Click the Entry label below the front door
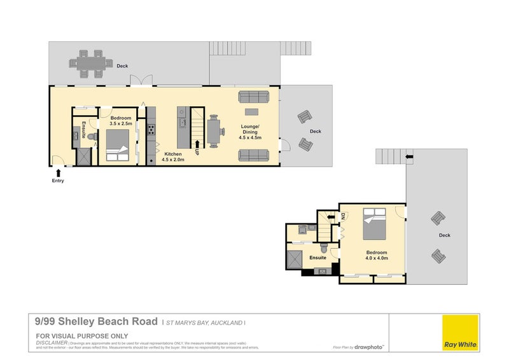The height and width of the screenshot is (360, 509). (58, 181)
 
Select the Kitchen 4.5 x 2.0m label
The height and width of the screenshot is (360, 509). (174, 158)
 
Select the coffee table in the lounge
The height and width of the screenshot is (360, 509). (253, 111)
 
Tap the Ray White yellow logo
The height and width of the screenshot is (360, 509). (461, 331)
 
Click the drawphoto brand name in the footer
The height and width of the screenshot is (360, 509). (369, 347)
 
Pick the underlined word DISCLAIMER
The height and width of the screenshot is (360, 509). (51, 342)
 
